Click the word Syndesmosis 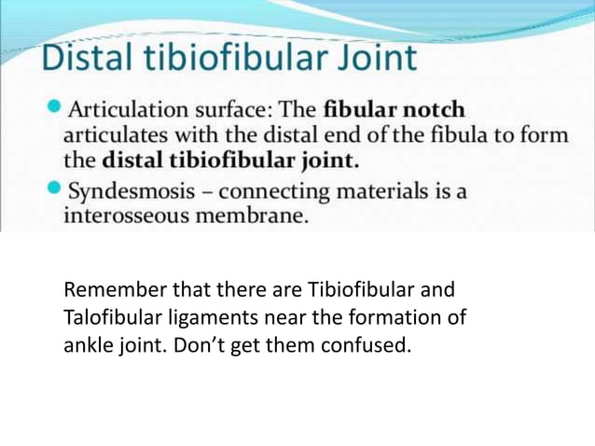(130, 191)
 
